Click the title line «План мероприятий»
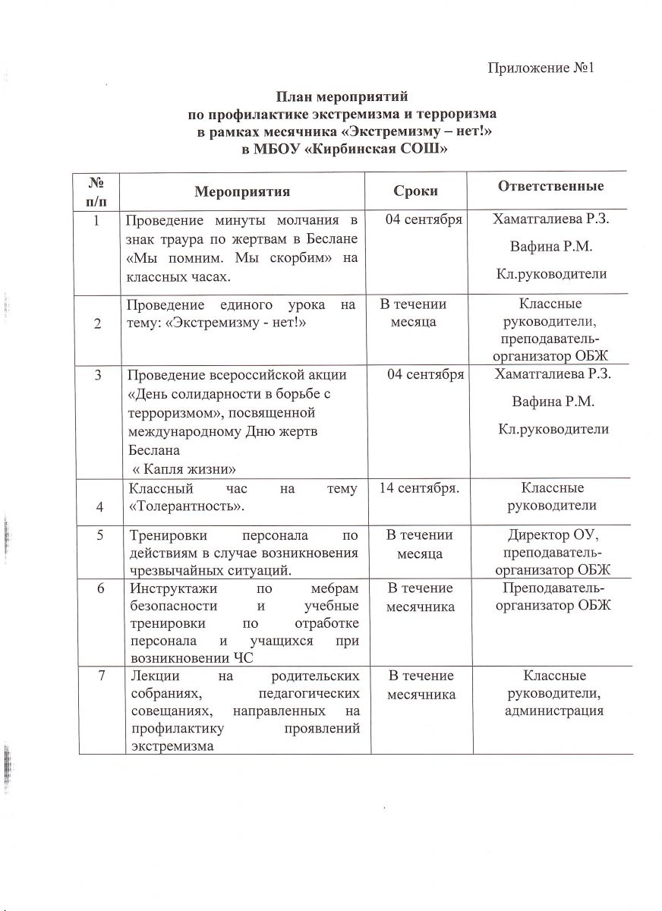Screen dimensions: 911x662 [x=342, y=97]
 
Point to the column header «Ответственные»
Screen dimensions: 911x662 [x=550, y=187]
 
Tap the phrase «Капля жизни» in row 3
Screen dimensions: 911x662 [x=181, y=466]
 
